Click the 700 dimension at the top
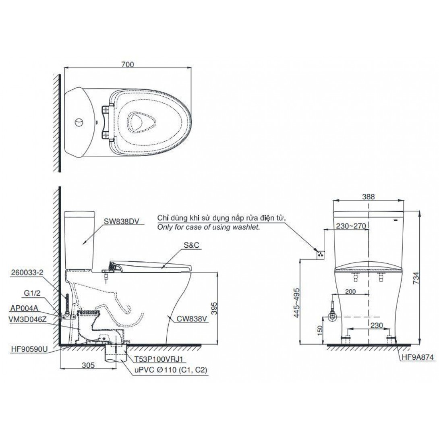[x=128, y=64]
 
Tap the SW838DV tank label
[x=121, y=222]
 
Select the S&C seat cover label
[x=191, y=245]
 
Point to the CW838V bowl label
[x=192, y=319]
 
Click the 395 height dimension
[x=214, y=308]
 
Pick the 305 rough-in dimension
[x=88, y=365]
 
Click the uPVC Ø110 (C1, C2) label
[x=171, y=370]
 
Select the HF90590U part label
[x=30, y=350]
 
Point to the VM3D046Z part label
[x=28, y=319]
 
